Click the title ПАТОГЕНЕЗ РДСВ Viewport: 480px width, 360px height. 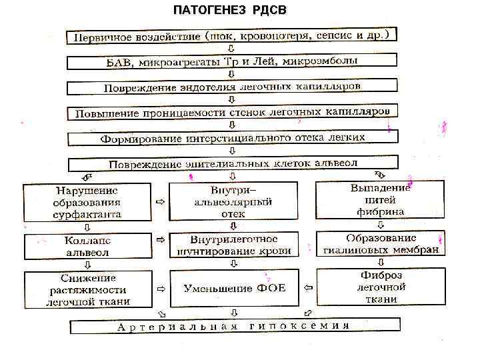231,11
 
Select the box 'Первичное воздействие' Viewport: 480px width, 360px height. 231,35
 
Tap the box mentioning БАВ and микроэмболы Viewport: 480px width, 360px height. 231,61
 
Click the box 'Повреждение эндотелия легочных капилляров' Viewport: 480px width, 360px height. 231,87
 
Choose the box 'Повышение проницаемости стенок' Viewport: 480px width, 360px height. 231,113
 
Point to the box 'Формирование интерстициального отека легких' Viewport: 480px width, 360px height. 231,139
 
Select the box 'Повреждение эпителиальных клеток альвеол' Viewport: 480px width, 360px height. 231,163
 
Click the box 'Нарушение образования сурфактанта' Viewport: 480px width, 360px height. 87,201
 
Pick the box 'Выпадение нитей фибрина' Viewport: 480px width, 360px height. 380,199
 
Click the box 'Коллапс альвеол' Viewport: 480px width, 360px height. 87,246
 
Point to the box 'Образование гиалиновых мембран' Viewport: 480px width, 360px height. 380,244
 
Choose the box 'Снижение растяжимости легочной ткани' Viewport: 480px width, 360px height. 87,289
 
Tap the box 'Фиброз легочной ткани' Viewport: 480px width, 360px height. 380,287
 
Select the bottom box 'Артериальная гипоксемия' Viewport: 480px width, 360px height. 233,326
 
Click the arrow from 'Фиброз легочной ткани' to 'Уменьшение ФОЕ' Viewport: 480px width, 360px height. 307,288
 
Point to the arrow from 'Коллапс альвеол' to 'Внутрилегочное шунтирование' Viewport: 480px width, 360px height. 160,238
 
